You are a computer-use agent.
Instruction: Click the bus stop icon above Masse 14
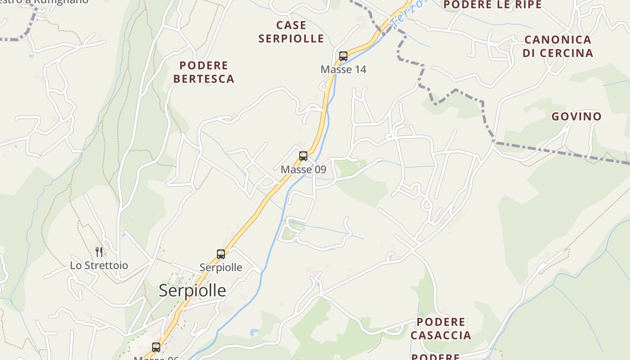[x=343, y=56]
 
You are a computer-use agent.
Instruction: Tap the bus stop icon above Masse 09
[x=303, y=156]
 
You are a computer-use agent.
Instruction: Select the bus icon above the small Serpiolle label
[x=220, y=254]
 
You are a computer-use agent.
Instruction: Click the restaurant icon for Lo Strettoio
[x=99, y=252]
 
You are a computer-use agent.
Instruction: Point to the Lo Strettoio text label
[x=99, y=265]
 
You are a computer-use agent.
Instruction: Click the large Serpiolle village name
[x=192, y=291]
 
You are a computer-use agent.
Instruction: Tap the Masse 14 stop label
[x=343, y=69]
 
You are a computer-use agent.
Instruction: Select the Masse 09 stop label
[x=303, y=170]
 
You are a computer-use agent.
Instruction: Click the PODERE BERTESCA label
[x=204, y=72]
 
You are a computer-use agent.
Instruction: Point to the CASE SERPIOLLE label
[x=291, y=32]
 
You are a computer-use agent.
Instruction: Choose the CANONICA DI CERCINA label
[x=558, y=46]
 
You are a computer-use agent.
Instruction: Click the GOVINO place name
[x=576, y=117]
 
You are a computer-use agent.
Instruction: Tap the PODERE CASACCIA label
[x=441, y=328]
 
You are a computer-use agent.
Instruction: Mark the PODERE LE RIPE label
[x=493, y=5]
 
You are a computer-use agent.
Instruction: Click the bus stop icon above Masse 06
[x=156, y=347]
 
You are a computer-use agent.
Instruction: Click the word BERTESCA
[x=204, y=79]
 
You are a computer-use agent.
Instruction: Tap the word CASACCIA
[x=441, y=335]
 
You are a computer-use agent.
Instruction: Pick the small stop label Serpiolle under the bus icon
[x=220, y=268]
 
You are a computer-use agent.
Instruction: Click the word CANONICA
[x=558, y=40]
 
